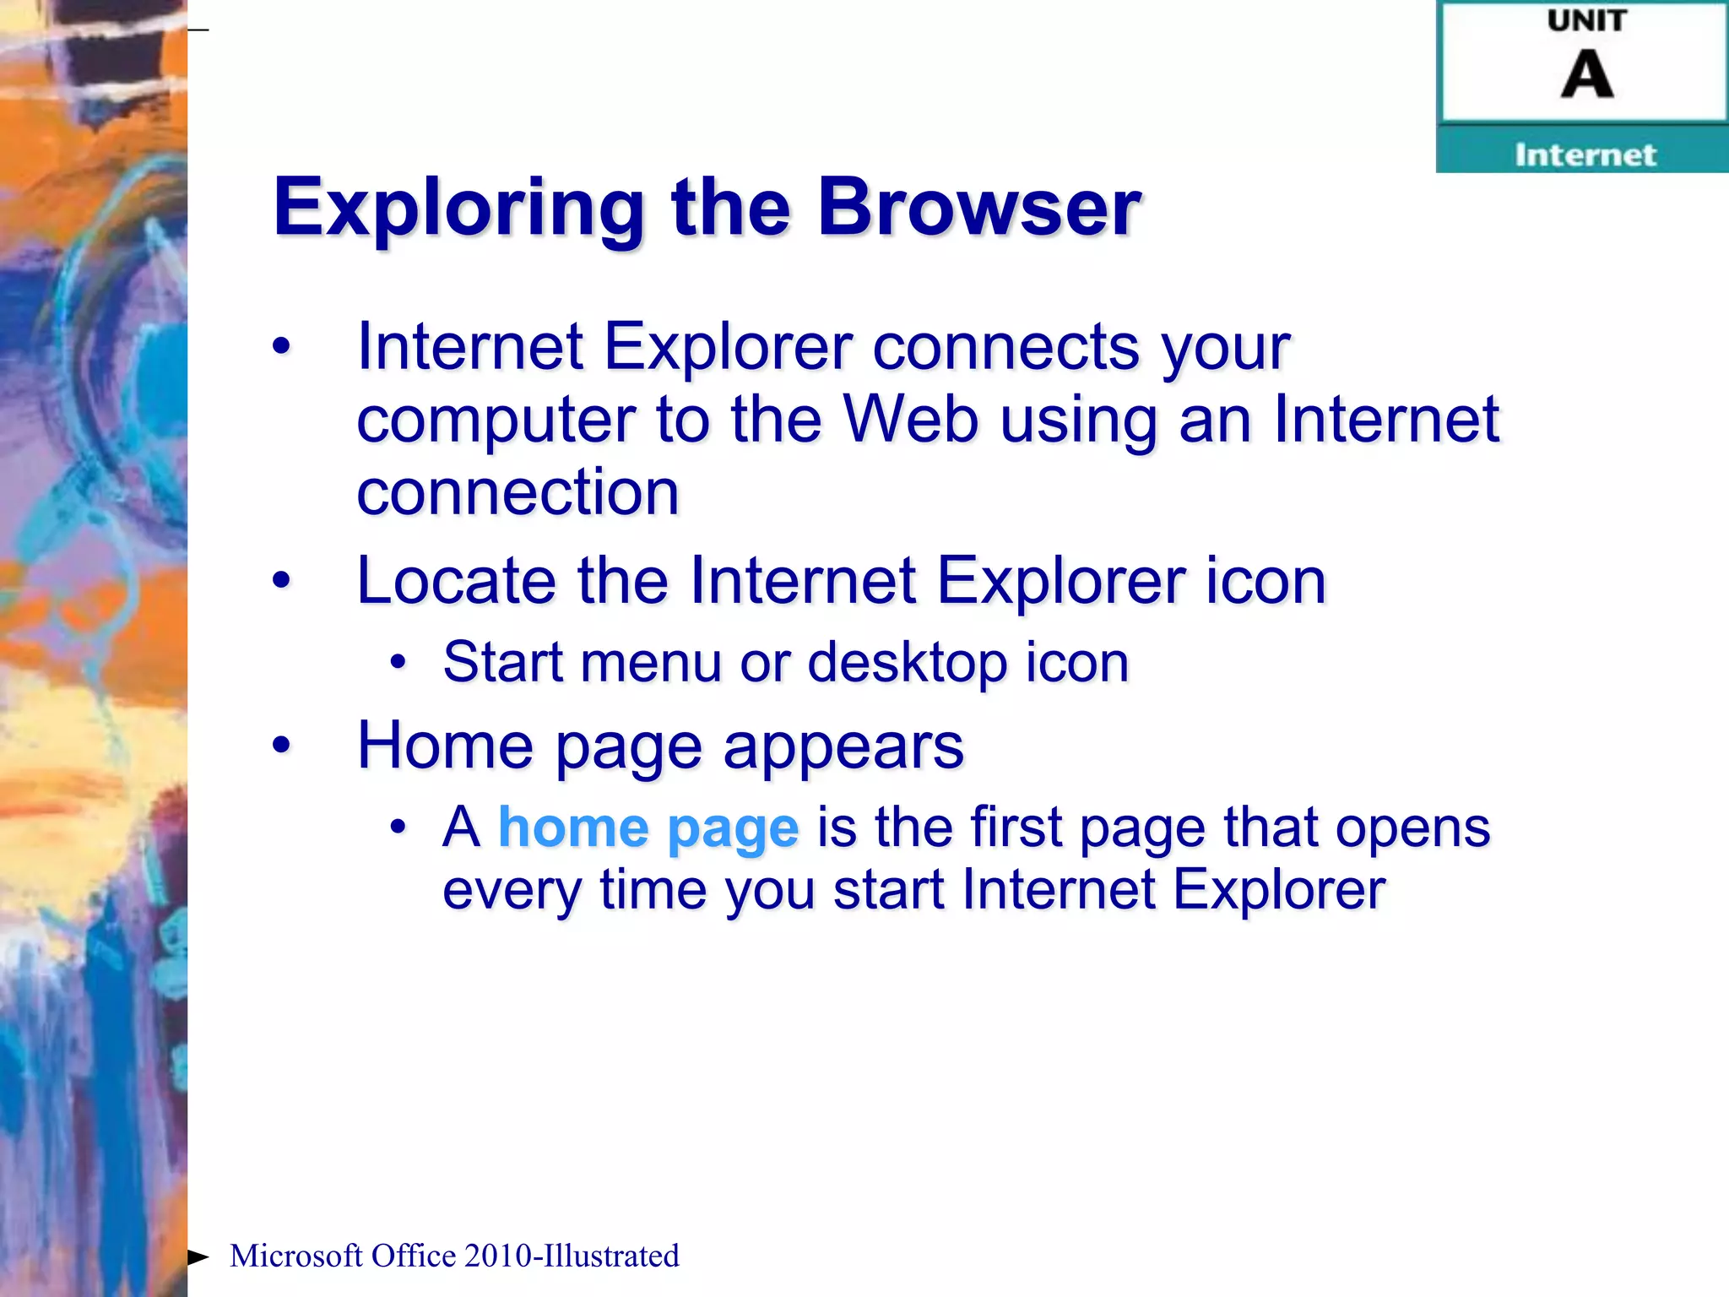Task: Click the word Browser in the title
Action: click(x=979, y=209)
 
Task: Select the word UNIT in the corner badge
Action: click(x=1585, y=21)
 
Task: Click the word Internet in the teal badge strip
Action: click(x=1585, y=155)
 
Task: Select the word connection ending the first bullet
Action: click(x=518, y=492)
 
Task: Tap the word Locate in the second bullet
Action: click(x=456, y=581)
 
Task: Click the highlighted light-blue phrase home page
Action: click(x=648, y=828)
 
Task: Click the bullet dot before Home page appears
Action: click(x=281, y=745)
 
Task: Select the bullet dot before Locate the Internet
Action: click(x=281, y=580)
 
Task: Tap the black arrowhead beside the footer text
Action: click(x=198, y=1256)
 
